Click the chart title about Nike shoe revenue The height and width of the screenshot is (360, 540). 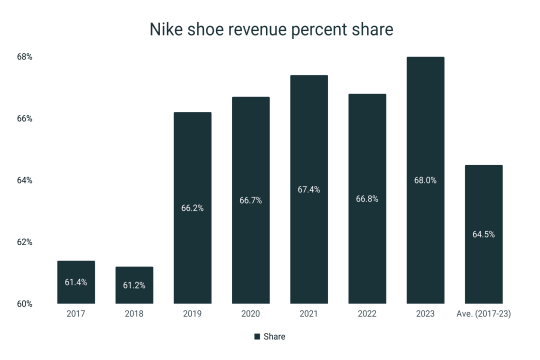pyautogui.click(x=271, y=29)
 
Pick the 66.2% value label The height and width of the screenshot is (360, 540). pyautogui.click(x=192, y=208)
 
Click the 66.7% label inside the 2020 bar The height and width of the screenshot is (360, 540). pyautogui.click(x=250, y=200)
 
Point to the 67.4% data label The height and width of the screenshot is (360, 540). pyautogui.click(x=309, y=189)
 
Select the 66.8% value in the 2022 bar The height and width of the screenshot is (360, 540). pyautogui.click(x=367, y=199)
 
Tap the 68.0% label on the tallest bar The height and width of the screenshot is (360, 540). pyautogui.click(x=425, y=180)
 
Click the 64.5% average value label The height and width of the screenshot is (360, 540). pyautogui.click(x=483, y=234)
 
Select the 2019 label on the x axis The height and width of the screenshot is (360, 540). pyautogui.click(x=192, y=314)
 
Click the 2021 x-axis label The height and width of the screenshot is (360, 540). pyautogui.click(x=309, y=314)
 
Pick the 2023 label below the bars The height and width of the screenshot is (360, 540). pyautogui.click(x=425, y=314)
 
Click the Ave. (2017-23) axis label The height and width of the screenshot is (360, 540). pyautogui.click(x=483, y=314)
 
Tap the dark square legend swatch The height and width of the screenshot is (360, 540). pyautogui.click(x=257, y=337)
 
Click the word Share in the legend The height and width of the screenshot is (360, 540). pyautogui.click(x=274, y=337)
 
